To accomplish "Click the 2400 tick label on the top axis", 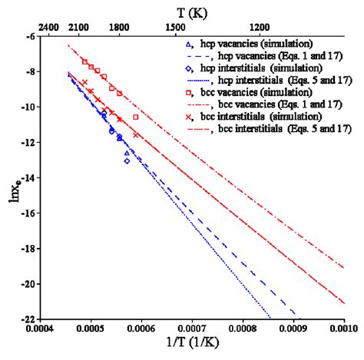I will click(x=48, y=26).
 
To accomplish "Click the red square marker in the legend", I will click(x=189, y=92).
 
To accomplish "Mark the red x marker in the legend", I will click(x=189, y=116).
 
